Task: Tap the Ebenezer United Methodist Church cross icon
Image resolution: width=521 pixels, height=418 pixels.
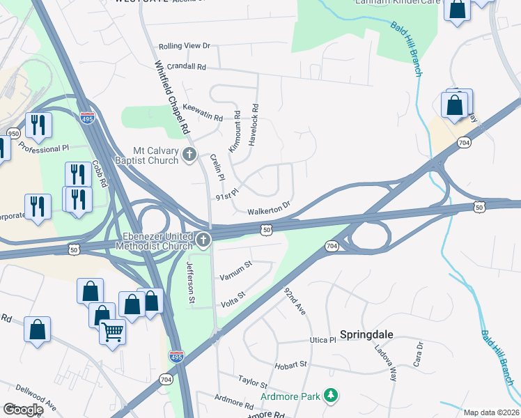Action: tap(203, 240)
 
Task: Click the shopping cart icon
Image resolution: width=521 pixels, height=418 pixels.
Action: tap(113, 332)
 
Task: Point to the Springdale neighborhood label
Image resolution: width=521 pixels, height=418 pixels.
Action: tap(366, 334)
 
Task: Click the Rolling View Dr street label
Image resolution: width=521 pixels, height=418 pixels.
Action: tap(185, 46)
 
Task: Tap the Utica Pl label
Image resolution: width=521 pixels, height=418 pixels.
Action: tap(322, 340)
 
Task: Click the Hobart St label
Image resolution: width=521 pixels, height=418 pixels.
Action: tap(292, 364)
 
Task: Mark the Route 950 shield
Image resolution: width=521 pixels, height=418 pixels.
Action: tap(13, 133)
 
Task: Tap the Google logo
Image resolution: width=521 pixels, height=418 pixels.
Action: tap(22, 409)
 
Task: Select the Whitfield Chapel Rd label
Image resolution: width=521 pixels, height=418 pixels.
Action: tap(172, 98)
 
